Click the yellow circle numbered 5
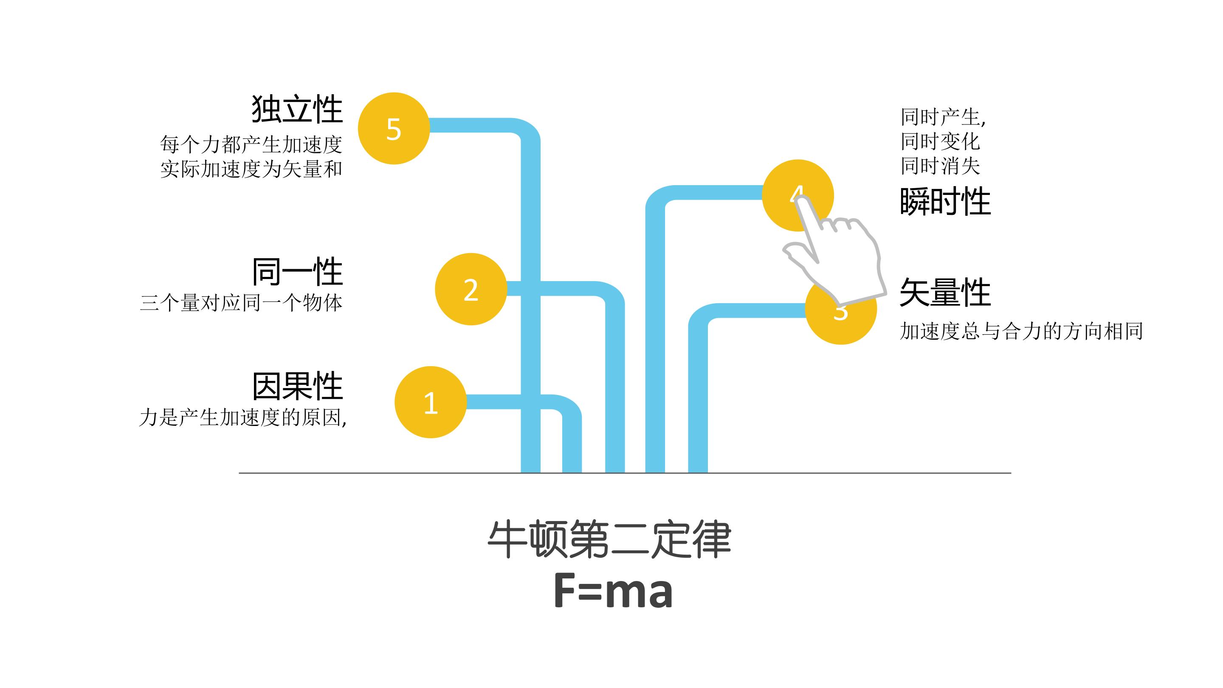pos(394,129)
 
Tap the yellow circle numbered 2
pos(471,289)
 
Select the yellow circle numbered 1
pos(430,402)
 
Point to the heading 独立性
pos(297,109)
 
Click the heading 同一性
pos(297,272)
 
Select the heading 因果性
pos(297,386)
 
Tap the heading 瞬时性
pos(945,202)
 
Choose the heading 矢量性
pos(945,293)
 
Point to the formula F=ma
pos(613,591)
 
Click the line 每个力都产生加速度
pos(251,144)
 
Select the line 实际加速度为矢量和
pos(251,169)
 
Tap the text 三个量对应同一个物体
pos(241,303)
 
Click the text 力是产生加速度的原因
pos(242,418)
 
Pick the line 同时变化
pos(940,141)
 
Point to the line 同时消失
pos(940,166)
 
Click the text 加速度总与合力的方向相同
pos(1021,331)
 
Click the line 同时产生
pos(942,117)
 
